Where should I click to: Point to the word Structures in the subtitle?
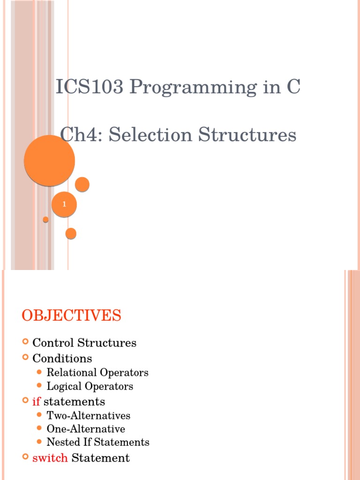point(247,135)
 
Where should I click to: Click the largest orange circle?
point(49,160)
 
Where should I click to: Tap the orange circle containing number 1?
point(64,204)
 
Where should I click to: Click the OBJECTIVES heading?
point(71,315)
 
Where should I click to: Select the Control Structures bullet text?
point(84,343)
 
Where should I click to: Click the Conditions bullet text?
point(62,359)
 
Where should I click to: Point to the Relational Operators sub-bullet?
point(97,373)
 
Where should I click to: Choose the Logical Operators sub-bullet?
point(90,386)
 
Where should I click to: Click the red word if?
point(37,402)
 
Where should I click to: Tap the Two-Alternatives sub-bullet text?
point(89,415)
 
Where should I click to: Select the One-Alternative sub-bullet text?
point(86,429)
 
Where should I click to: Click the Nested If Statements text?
point(98,442)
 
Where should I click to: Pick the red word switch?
point(50,458)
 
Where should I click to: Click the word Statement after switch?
point(100,458)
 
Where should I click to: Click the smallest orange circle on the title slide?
point(45,219)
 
